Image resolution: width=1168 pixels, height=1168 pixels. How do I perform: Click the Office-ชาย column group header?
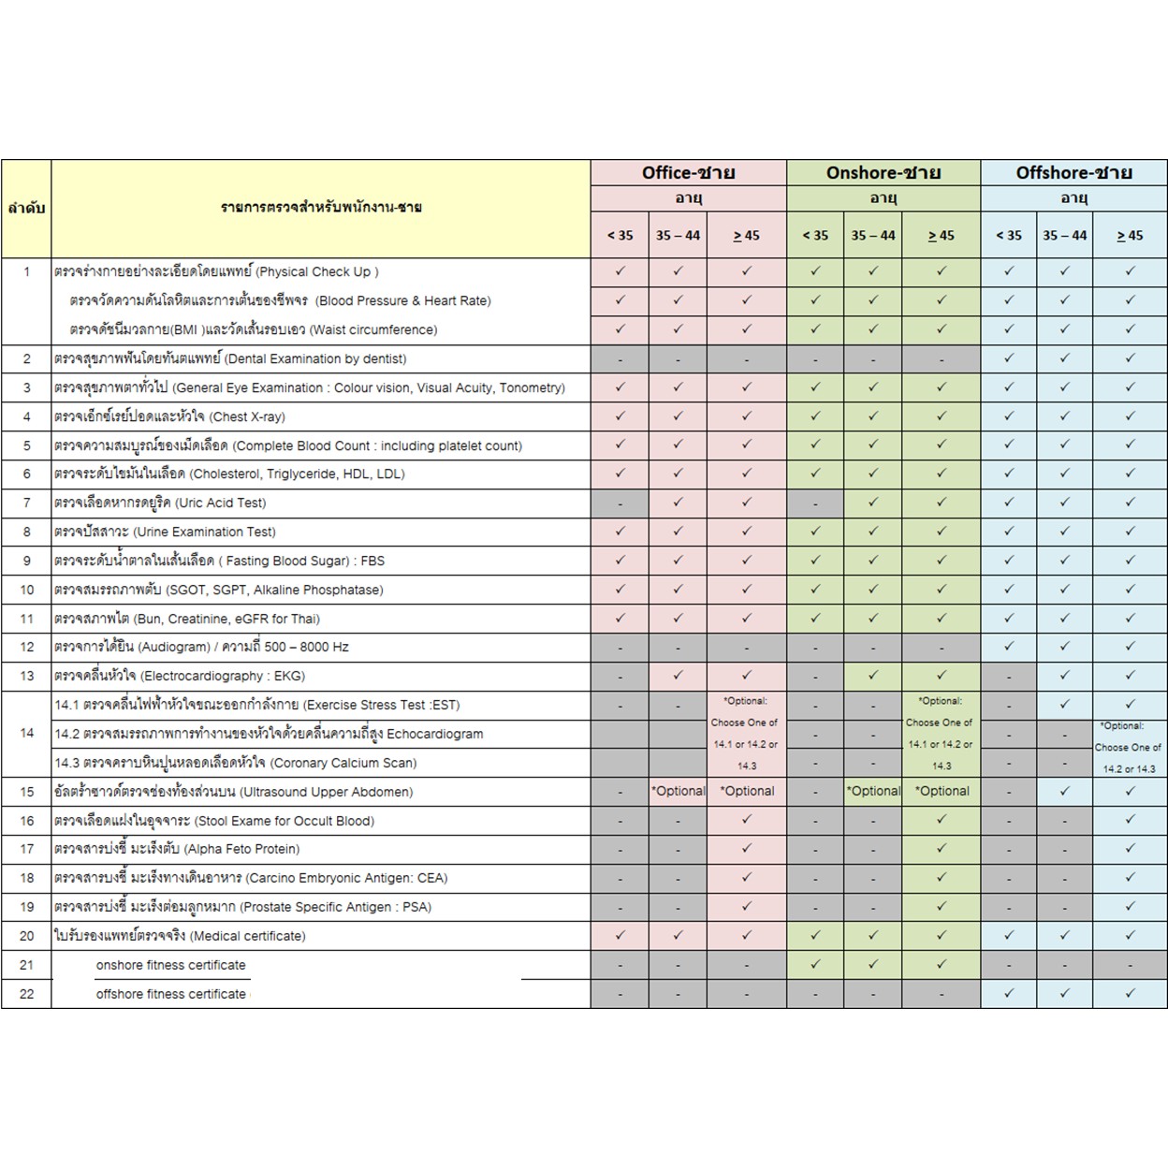[688, 173]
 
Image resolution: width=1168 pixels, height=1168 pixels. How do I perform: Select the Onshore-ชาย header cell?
[883, 173]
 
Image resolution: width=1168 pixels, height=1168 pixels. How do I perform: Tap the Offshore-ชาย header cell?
[1073, 173]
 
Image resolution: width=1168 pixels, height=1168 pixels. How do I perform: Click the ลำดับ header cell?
[26, 208]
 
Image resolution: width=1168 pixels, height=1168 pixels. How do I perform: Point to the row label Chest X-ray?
[169, 416]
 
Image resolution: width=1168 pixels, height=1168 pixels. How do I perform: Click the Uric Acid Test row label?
[160, 503]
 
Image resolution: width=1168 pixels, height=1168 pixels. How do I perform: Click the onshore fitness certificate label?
[170, 965]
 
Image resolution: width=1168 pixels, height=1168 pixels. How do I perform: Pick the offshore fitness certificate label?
[171, 994]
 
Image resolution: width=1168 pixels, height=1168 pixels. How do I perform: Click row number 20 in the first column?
[26, 936]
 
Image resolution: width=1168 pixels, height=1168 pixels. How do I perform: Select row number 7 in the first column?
[26, 503]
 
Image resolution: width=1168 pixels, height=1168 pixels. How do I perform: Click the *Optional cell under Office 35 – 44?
[678, 791]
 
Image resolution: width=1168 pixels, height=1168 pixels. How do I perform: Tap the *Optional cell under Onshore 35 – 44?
[872, 791]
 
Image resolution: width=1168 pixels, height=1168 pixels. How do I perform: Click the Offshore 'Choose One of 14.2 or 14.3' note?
[1129, 748]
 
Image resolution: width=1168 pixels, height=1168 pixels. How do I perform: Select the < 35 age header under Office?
[620, 236]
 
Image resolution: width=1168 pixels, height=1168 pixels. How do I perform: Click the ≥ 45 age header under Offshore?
[1130, 236]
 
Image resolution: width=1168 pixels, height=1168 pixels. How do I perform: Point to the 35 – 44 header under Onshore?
[872, 236]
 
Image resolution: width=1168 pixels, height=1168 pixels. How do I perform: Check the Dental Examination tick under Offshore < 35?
[1008, 358]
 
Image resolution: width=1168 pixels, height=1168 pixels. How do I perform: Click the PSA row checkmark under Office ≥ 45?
[746, 906]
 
